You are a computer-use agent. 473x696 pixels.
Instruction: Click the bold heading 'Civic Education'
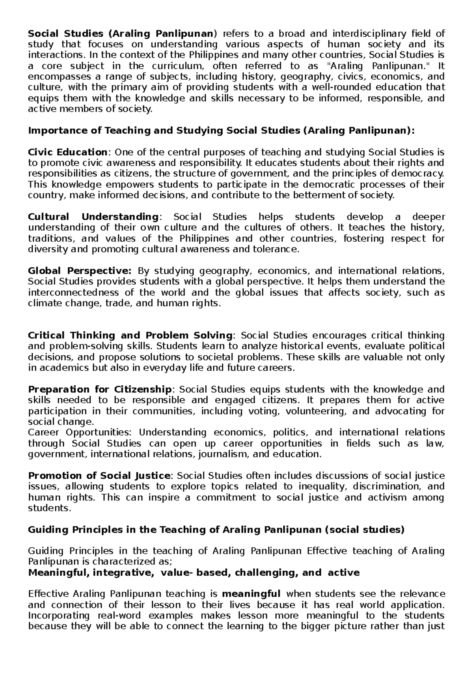click(x=67, y=152)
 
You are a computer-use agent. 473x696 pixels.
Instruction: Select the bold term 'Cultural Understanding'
click(x=93, y=217)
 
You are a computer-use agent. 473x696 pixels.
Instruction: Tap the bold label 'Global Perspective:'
click(x=79, y=271)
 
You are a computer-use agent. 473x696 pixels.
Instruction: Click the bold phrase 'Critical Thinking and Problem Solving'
click(x=130, y=336)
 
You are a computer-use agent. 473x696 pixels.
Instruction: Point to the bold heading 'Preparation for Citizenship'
click(x=100, y=390)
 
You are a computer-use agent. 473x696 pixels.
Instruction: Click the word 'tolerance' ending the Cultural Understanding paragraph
click(x=279, y=249)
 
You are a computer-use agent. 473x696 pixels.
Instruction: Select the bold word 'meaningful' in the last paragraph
click(x=251, y=594)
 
